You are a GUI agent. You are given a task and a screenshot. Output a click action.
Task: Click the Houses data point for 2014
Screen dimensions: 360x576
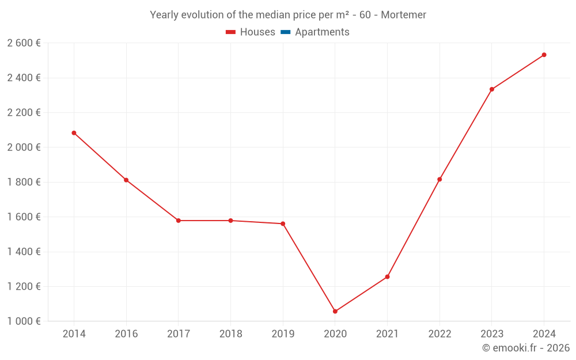click(x=74, y=133)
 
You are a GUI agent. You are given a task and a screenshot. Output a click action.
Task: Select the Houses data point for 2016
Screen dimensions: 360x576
click(x=126, y=180)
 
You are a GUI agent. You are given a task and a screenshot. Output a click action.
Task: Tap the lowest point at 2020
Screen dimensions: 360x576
click(x=335, y=312)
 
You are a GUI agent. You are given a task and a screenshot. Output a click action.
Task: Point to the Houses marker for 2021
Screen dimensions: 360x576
click(x=387, y=277)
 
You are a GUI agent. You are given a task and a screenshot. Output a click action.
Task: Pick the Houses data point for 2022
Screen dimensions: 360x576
click(x=439, y=180)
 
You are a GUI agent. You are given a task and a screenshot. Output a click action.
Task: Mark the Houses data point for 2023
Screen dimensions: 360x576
click(x=492, y=89)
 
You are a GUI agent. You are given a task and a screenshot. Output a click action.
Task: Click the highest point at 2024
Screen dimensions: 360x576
click(x=544, y=55)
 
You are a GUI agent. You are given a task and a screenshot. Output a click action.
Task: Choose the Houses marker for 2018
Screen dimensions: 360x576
click(x=230, y=221)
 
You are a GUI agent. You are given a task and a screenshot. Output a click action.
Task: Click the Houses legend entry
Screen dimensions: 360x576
click(x=251, y=32)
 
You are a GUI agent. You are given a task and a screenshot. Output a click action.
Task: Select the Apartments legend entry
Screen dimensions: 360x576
click(x=316, y=32)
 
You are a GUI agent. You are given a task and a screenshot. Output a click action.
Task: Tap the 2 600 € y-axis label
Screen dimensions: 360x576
click(x=24, y=43)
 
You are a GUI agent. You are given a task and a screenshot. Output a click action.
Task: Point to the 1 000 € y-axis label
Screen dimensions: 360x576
click(x=24, y=321)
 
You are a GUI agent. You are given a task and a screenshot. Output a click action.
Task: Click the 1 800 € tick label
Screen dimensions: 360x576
click(x=24, y=183)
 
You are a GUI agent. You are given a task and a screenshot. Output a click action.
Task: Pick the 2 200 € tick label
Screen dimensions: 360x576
click(x=24, y=113)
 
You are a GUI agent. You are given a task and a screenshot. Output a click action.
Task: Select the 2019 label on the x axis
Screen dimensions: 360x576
click(x=283, y=334)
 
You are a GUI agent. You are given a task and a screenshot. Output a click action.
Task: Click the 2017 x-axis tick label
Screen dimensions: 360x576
click(x=178, y=334)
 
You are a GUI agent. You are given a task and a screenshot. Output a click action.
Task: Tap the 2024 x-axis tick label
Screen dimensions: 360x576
click(x=544, y=334)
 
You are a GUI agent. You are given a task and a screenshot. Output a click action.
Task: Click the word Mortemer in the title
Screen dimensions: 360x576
click(x=404, y=15)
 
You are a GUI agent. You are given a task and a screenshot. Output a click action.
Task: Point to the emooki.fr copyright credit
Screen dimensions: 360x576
click(x=526, y=348)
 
